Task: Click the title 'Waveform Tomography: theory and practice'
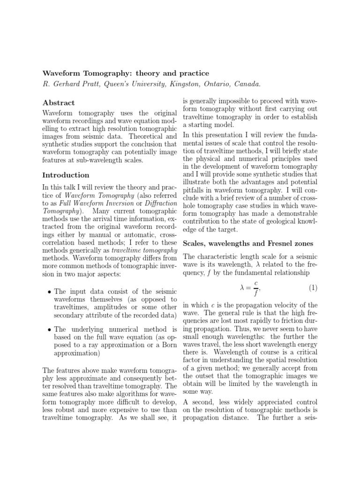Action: click(x=126, y=74)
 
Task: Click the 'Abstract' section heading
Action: click(x=59, y=103)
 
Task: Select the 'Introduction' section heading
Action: click(x=66, y=175)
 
